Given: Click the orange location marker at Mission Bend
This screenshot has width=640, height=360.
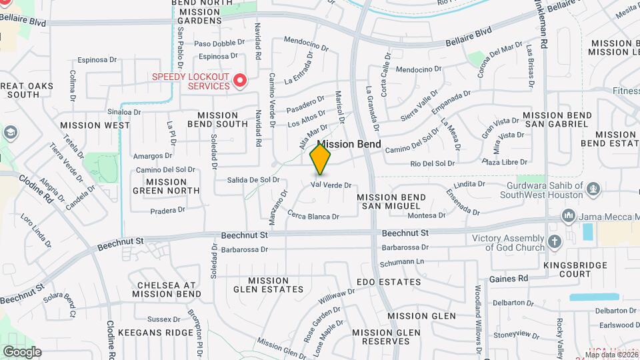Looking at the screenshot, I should pyautogui.click(x=321, y=159).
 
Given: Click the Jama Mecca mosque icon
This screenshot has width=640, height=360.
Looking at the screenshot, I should pyautogui.click(x=568, y=216).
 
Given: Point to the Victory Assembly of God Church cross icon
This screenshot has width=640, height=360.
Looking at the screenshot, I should pyautogui.click(x=553, y=243).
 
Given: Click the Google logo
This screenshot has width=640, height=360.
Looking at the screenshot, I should pyautogui.click(x=22, y=351).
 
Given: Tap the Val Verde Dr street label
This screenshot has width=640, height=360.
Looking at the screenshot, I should pyautogui.click(x=331, y=185).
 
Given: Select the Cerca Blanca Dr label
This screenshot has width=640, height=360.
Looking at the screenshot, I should pyautogui.click(x=314, y=215).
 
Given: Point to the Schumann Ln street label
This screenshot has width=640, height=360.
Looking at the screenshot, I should pyautogui.click(x=402, y=263).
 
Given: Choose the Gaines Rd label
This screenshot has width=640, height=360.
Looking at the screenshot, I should pyautogui.click(x=509, y=279).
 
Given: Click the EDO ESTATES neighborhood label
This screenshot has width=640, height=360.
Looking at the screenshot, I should pyautogui.click(x=389, y=282).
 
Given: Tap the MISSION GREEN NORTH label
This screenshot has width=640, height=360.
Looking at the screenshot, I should pyautogui.click(x=166, y=186).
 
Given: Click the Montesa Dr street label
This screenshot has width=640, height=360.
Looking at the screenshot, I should pyautogui.click(x=426, y=215).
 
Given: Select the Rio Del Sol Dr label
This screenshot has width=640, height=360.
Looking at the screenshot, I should pyautogui.click(x=433, y=163).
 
